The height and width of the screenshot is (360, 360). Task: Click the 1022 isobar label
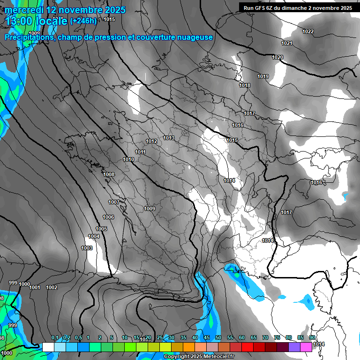tap(308, 31)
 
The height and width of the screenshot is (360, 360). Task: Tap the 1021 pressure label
tap(287, 43)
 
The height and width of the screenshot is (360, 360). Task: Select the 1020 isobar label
tap(277, 57)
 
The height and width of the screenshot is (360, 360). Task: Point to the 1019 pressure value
tap(263, 76)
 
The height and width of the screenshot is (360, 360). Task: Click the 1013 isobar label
tap(169, 138)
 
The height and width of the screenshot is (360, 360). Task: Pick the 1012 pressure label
tap(151, 141)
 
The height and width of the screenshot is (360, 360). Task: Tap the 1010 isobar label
tap(128, 159)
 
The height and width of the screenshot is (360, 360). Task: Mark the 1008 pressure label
tap(109, 174)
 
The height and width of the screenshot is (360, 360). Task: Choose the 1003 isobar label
tap(87, 248)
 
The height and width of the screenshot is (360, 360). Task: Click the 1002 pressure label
tap(52, 287)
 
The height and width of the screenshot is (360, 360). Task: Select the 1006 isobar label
tap(108, 217)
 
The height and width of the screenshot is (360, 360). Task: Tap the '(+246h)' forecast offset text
tap(83, 21)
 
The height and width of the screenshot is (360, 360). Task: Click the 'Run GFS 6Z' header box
tap(298, 8)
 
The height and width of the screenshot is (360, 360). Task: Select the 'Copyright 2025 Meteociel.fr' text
tap(199, 356)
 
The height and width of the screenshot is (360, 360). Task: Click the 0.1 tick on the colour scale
tap(55, 338)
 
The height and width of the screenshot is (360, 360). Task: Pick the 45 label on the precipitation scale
tap(207, 338)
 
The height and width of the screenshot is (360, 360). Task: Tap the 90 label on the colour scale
tap(312, 338)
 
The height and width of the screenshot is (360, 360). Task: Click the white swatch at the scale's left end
tap(48, 347)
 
